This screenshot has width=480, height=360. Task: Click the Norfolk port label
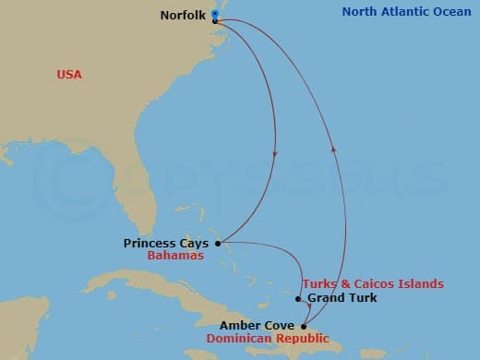pyautogui.click(x=183, y=16)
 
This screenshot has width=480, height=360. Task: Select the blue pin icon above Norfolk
pyautogui.click(x=215, y=14)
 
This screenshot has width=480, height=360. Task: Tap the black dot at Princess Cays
pyautogui.click(x=218, y=244)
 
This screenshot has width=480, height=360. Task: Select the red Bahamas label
pyautogui.click(x=174, y=256)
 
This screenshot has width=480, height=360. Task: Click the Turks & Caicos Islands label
pyautogui.click(x=372, y=283)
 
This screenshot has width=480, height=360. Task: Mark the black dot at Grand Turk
pyautogui.click(x=297, y=298)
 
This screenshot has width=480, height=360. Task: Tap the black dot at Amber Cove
pyautogui.click(x=306, y=326)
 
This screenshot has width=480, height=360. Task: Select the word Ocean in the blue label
pyautogui.click(x=447, y=12)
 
